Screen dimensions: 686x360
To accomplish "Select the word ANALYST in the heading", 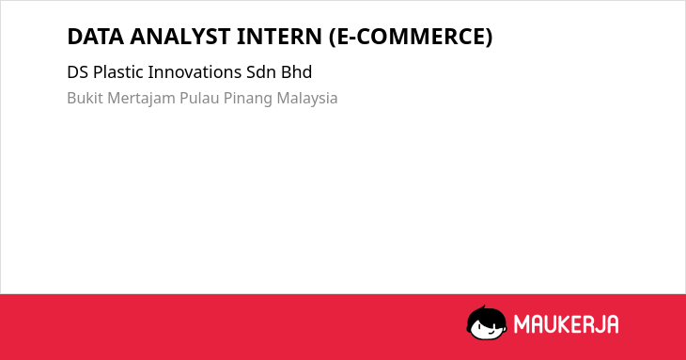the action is [179, 37].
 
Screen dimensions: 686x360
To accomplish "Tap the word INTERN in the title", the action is [279, 37].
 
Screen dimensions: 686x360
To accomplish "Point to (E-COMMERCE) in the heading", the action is [411, 37].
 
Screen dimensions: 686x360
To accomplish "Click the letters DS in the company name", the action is [77, 72].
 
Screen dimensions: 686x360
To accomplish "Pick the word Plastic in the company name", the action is [118, 72].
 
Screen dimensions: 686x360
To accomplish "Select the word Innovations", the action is [195, 72].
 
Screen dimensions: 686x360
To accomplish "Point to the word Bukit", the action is [85, 98].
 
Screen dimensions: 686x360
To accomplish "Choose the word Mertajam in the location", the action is [141, 99].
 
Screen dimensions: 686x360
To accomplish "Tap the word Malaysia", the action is [307, 99].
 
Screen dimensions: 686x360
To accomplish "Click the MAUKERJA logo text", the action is [566, 324].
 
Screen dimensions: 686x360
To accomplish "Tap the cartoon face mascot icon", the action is [487, 322].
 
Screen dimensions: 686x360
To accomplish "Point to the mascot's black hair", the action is [486, 315].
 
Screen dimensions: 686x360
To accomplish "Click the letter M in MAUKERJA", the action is [521, 324].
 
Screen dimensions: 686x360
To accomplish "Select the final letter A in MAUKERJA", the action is [612, 324].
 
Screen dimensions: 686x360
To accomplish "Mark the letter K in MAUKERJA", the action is [566, 324].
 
